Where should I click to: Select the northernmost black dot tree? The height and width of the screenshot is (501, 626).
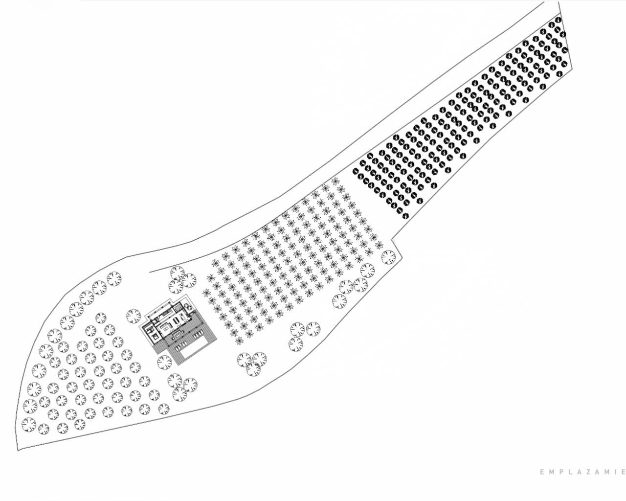[558, 20]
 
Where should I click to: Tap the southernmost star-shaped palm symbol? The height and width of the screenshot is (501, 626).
[240, 340]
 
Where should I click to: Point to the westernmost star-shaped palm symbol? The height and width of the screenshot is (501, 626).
[206, 292]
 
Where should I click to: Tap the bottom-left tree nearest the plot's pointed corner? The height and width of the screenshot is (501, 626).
[29, 425]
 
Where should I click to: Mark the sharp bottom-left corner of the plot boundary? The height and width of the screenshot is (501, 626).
[18, 451]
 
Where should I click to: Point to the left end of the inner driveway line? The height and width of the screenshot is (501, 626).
[149, 273]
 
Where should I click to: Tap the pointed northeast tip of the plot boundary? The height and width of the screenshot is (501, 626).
[559, 2]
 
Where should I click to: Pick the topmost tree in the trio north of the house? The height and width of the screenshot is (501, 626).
[177, 273]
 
